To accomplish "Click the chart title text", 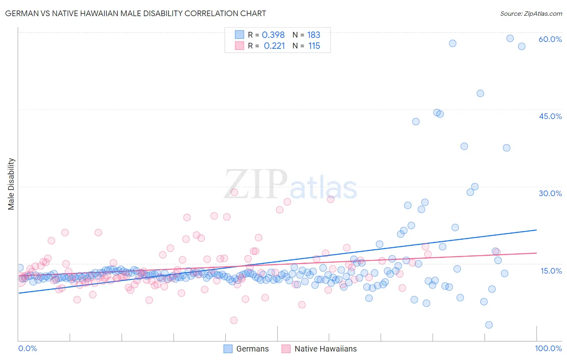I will [135, 13].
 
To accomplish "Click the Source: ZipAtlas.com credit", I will [531, 13].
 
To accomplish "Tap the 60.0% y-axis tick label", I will [550, 39].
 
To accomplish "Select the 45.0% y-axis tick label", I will [550, 116].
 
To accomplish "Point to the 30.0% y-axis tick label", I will [550, 193].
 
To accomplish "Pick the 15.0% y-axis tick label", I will [551, 271].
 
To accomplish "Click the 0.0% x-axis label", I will [27, 348].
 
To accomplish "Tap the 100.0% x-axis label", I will [548, 348].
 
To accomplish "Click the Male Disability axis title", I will [11, 184].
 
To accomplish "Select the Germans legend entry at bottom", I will [246, 349].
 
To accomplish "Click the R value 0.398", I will [273, 35].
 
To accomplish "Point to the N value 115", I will [314, 46].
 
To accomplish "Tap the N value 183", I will [313, 35].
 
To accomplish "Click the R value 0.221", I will [274, 46].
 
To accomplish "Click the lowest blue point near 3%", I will [489, 325].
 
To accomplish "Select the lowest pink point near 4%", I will [234, 320].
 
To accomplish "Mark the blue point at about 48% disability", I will [480, 93].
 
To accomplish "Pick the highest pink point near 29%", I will [234, 192].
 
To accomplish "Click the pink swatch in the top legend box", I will [240, 46].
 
